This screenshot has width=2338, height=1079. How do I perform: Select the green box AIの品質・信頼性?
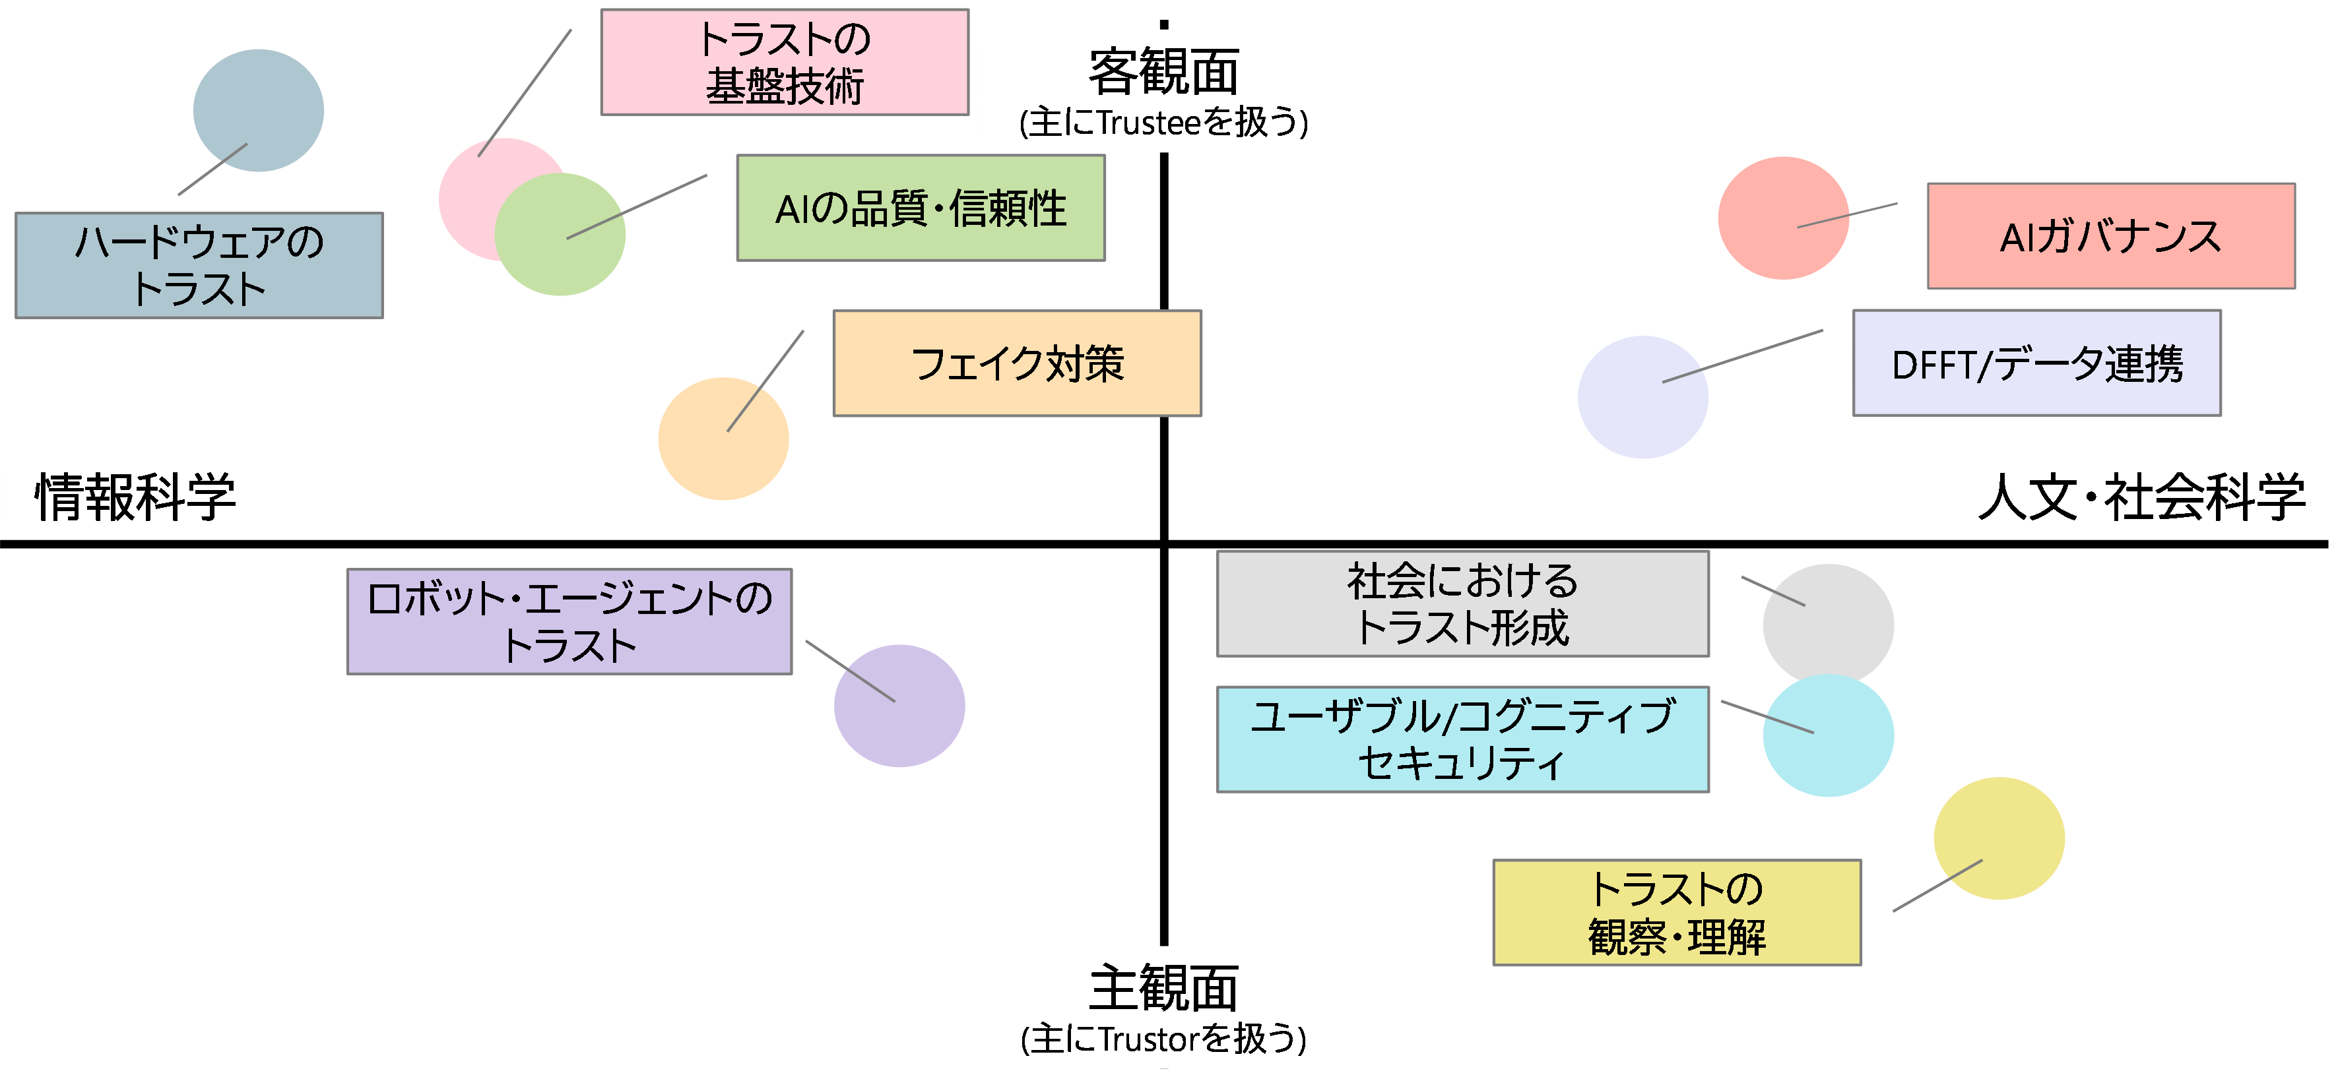(921, 208)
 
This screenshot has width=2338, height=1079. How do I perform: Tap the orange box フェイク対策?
(1016, 363)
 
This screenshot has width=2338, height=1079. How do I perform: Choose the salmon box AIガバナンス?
(2110, 236)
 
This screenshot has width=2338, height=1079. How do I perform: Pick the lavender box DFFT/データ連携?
(2036, 363)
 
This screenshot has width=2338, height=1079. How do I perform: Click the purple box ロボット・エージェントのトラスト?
(569, 622)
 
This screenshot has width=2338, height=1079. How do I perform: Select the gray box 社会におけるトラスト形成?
(1462, 603)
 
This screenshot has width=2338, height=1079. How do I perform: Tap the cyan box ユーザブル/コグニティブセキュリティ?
(1462, 739)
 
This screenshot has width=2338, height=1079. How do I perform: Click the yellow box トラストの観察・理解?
(1676, 912)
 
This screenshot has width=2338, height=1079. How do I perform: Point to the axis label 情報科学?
(135, 497)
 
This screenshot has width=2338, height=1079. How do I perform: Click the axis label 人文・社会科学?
(2141, 497)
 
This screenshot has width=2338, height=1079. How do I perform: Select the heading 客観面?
(1163, 73)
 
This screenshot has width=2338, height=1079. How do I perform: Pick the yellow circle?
(1999, 838)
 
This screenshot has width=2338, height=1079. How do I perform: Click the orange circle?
(723, 439)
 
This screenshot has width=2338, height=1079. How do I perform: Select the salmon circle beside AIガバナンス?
(1782, 218)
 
